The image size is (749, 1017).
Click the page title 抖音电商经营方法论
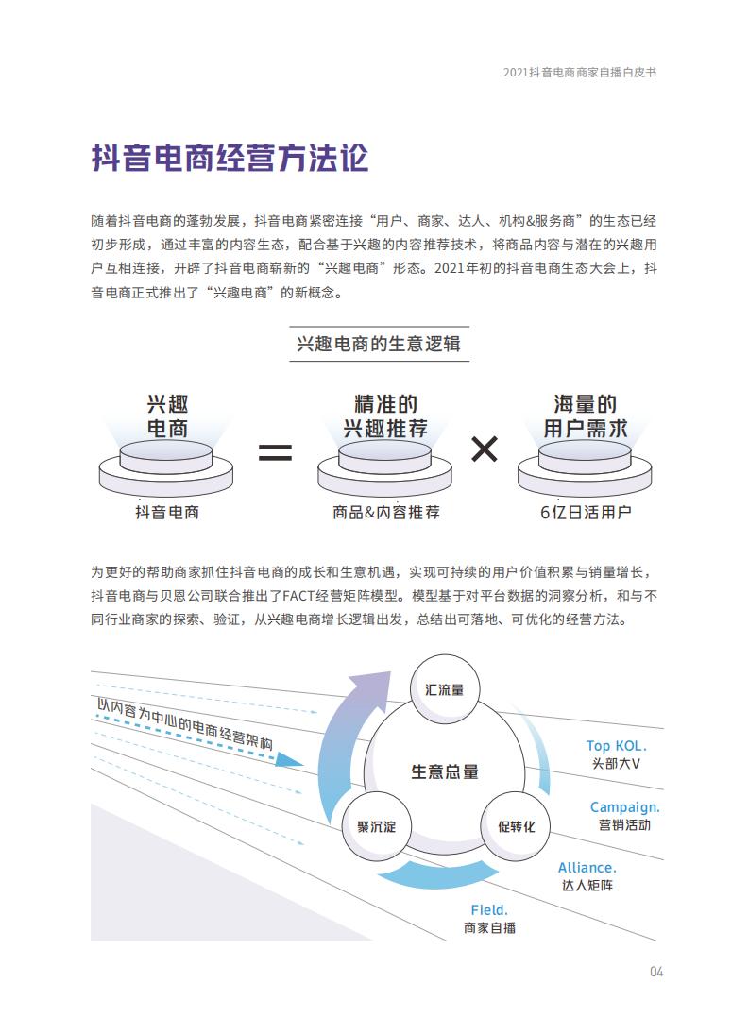point(230,159)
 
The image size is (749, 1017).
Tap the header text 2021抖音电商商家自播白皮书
point(580,73)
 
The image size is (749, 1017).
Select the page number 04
point(656,972)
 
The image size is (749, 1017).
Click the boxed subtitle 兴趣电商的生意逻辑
point(379,344)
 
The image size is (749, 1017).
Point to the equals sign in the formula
point(275,451)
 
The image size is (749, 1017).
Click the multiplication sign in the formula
point(485,449)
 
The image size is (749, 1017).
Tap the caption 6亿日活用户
point(586,513)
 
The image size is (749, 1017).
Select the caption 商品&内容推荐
point(386,513)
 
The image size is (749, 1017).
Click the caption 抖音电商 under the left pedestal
point(166,513)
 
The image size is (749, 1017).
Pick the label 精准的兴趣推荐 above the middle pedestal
point(386,416)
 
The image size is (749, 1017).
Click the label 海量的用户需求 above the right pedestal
point(586,416)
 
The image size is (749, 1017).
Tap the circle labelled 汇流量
point(445,689)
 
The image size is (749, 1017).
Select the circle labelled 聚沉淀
point(376,826)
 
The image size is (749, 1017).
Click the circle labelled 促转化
point(516,826)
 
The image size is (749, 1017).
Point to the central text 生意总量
point(445,771)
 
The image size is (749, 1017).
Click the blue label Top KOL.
point(616,746)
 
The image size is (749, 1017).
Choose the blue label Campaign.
point(624,807)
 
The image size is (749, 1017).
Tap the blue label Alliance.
point(587,868)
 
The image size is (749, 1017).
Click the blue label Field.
point(489,910)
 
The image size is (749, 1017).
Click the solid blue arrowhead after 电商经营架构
point(289,759)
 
